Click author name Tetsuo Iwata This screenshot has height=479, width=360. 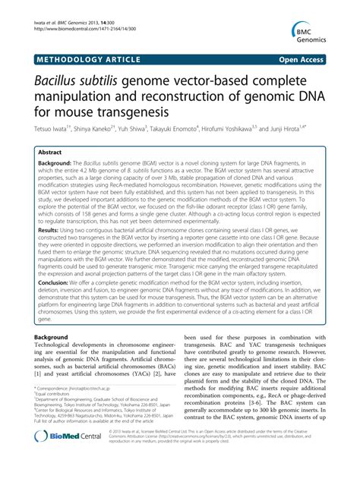click(x=48, y=130)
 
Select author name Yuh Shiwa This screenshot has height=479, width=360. click(x=142, y=130)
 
